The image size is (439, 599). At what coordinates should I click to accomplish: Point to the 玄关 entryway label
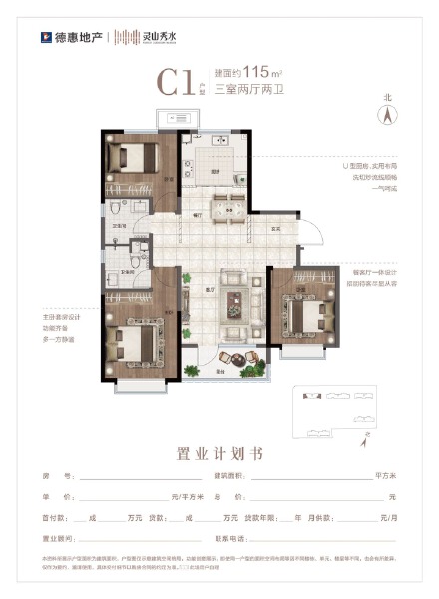(274, 228)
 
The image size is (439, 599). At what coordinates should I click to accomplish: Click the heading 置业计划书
(219, 453)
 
